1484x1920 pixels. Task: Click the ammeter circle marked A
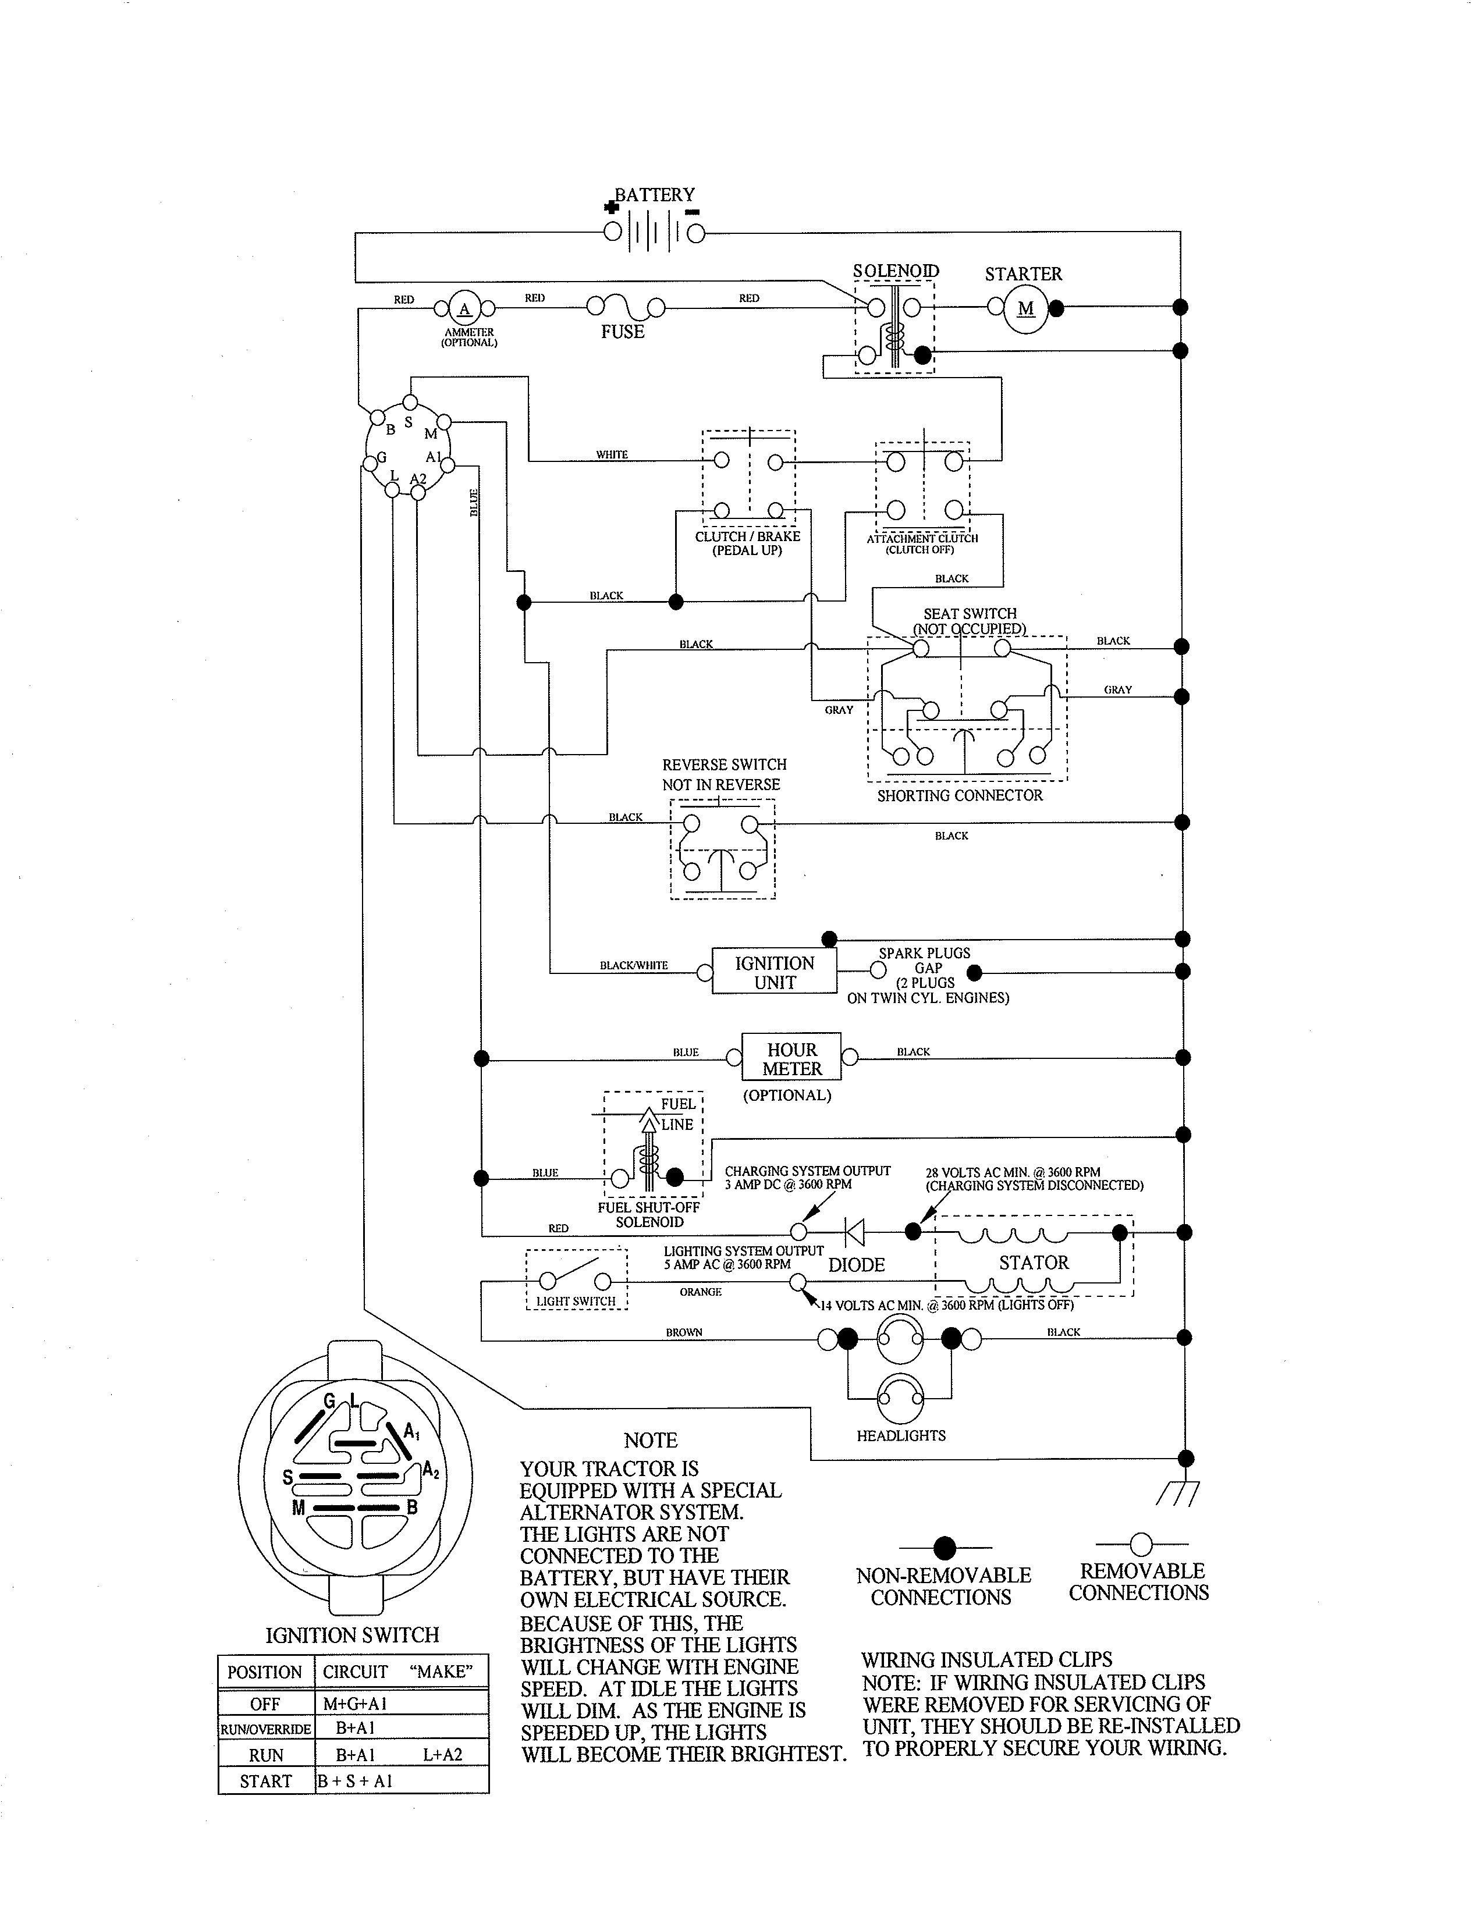[464, 308]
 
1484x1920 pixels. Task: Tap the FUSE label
[623, 332]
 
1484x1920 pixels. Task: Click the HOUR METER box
[791, 1058]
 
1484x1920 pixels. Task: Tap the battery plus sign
[612, 208]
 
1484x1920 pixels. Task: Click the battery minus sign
[692, 211]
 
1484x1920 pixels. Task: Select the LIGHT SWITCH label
[576, 1300]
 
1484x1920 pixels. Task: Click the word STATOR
[1033, 1263]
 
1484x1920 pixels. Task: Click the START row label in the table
[265, 1780]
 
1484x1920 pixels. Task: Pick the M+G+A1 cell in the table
[355, 1703]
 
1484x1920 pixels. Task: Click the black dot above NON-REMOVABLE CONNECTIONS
[944, 1547]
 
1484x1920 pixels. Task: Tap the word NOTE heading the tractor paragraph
[651, 1440]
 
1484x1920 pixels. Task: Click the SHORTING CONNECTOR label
[959, 795]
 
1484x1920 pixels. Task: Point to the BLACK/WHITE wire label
[633, 965]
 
